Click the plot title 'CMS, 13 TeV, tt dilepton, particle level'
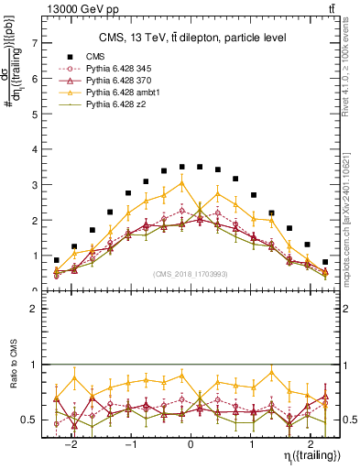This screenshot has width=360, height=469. pyautogui.click(x=192, y=38)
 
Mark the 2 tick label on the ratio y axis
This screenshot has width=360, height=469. pyautogui.click(x=34, y=310)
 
